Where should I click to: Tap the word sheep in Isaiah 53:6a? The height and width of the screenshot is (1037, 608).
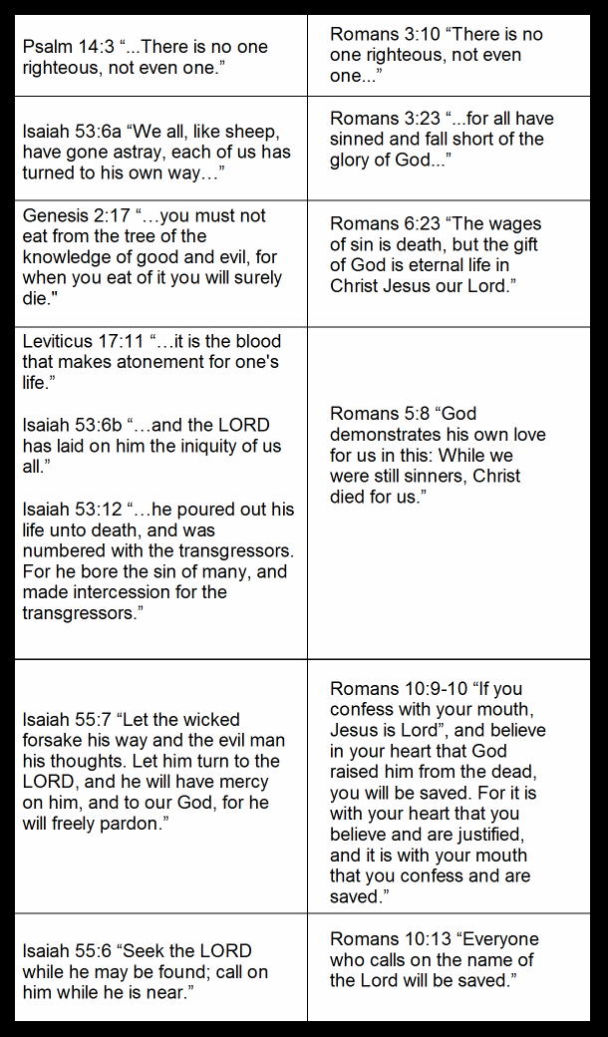pyautogui.click(x=234, y=132)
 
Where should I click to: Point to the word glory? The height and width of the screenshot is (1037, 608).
pyautogui.click(x=355, y=161)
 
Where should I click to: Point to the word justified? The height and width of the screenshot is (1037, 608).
pyautogui.click(x=480, y=835)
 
